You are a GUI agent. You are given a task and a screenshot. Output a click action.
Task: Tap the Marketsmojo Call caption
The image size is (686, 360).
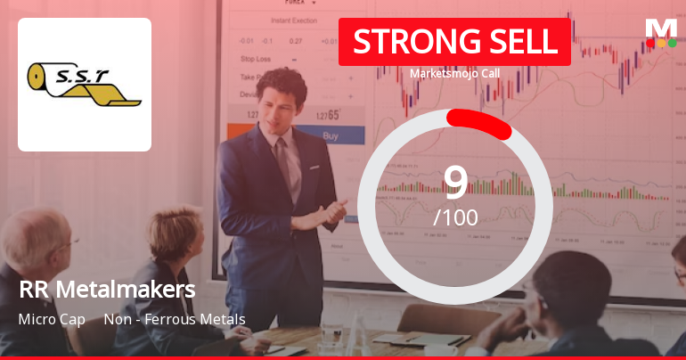(454, 74)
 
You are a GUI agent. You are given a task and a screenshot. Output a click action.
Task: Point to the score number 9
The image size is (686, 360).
(455, 181)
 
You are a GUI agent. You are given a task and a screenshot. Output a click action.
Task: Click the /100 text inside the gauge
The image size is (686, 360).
(455, 217)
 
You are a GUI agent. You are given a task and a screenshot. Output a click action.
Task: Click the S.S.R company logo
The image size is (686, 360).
(85, 85)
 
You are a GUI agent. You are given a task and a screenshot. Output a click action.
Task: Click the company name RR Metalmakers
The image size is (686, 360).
(106, 290)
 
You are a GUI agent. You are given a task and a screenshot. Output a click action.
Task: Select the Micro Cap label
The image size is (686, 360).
(51, 319)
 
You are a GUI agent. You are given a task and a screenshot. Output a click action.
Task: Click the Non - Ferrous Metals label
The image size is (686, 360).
(174, 319)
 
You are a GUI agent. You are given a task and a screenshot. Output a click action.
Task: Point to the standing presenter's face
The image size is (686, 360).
(284, 98)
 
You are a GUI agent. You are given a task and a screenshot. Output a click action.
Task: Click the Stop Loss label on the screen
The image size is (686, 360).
(257, 59)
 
